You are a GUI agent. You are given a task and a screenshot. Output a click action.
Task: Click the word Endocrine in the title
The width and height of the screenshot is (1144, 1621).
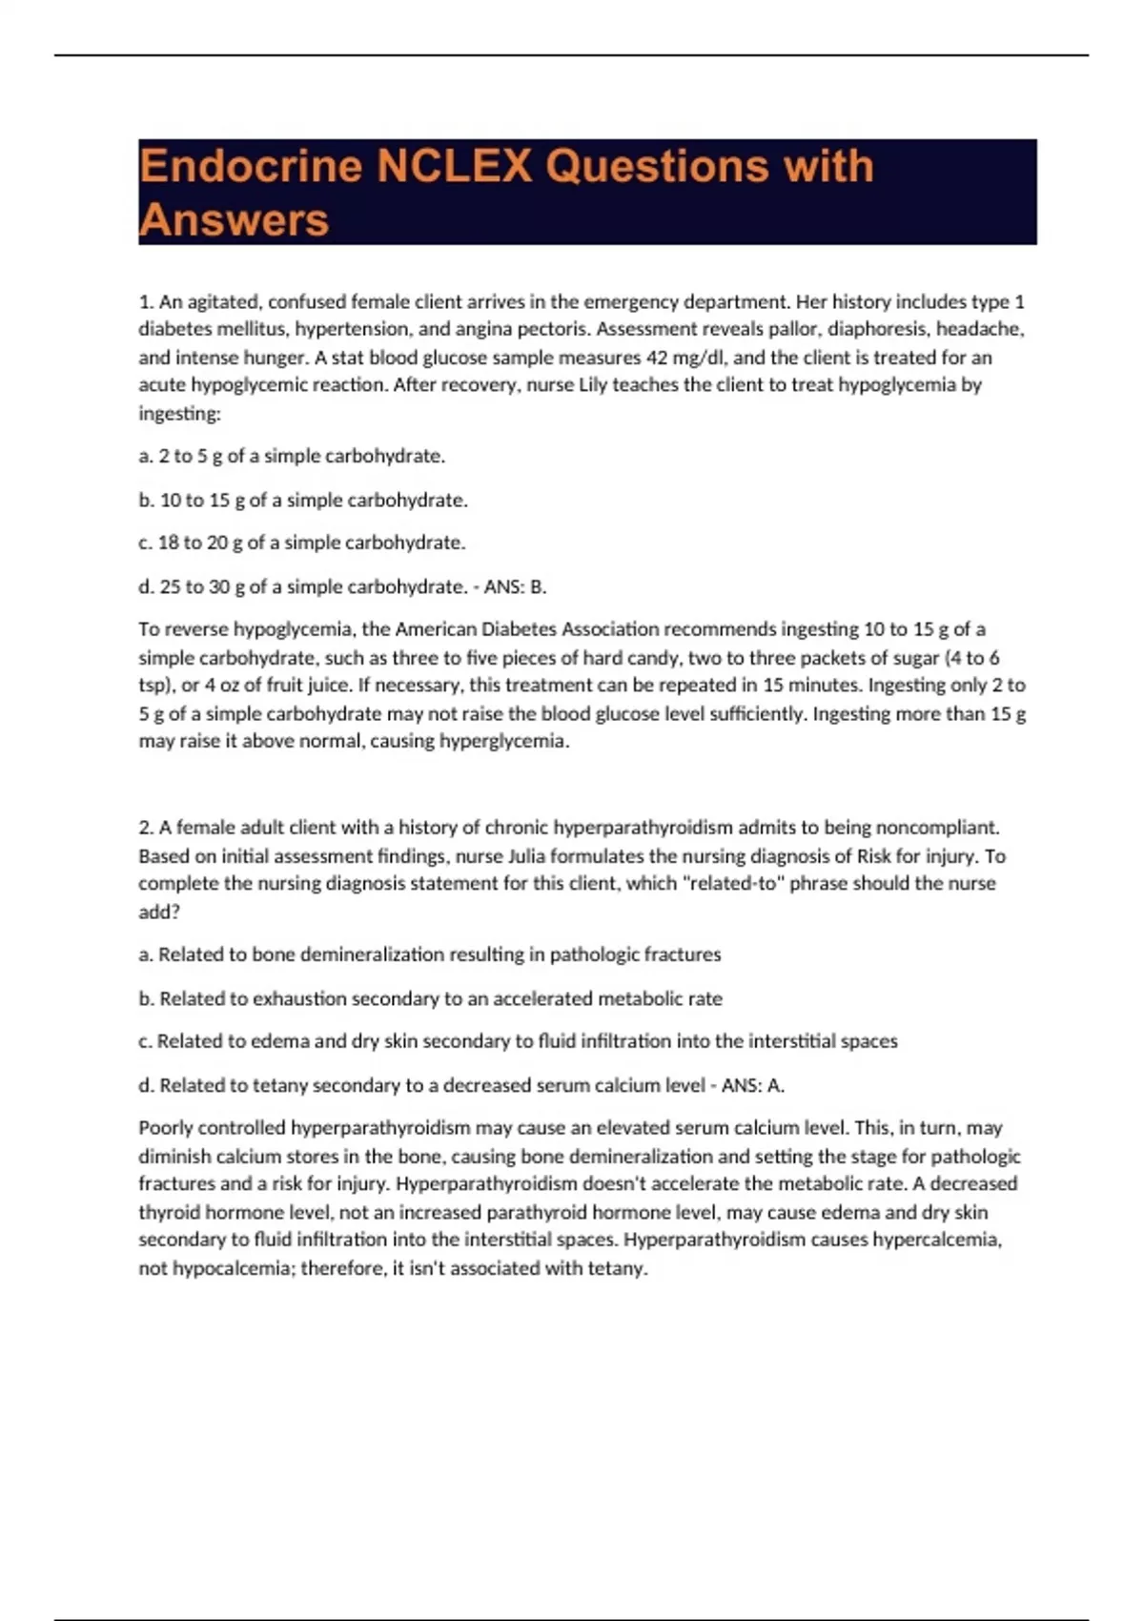[x=250, y=166]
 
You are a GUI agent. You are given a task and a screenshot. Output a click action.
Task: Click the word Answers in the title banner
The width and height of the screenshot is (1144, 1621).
[x=234, y=220]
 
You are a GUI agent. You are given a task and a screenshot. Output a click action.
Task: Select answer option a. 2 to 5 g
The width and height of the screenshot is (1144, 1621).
[x=292, y=456]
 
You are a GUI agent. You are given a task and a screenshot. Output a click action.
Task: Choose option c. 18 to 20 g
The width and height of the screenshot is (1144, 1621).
[x=302, y=543]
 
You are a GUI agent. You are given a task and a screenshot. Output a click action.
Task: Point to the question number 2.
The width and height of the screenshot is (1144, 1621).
[x=145, y=828]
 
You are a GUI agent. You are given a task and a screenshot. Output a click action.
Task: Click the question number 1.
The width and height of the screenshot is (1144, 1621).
[x=145, y=302]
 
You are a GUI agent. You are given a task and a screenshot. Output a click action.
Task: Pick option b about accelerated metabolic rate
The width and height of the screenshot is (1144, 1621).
[x=431, y=998]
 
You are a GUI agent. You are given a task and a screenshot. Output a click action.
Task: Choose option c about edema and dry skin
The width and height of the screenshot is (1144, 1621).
[x=518, y=1041]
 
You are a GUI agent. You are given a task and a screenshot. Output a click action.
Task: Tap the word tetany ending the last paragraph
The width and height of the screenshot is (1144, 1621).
[x=618, y=1268]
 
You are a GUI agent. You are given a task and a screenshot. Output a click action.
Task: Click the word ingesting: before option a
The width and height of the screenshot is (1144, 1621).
[x=179, y=414]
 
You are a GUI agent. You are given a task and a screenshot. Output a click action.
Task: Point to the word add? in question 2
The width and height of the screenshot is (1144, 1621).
[x=159, y=912]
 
